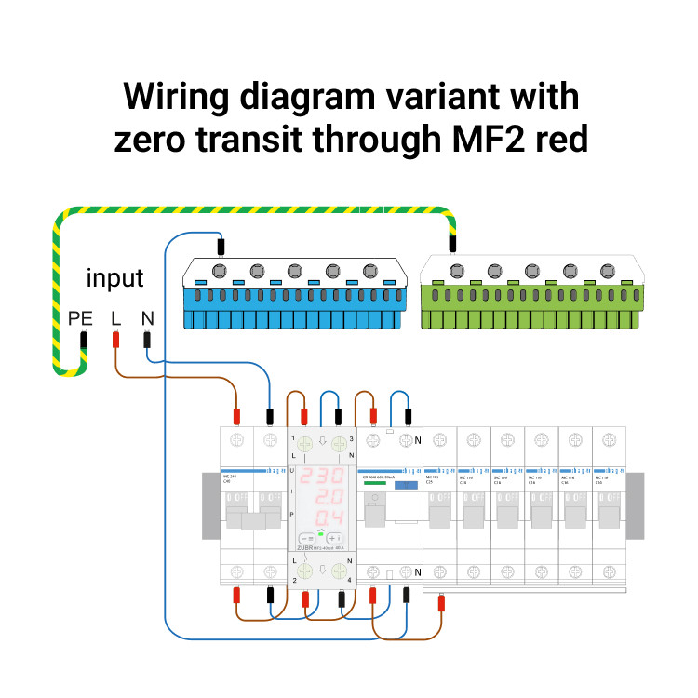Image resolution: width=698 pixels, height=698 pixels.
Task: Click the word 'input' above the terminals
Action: [115, 277]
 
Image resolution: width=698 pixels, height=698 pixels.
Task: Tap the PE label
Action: [81, 318]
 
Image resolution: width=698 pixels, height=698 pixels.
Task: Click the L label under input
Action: [115, 318]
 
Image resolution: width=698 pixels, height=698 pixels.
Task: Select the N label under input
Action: [147, 318]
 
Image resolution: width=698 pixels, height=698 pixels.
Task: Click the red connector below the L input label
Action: [115, 341]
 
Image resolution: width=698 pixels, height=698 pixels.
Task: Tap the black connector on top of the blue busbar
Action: [221, 247]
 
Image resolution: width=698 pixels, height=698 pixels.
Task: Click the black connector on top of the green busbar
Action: [452, 245]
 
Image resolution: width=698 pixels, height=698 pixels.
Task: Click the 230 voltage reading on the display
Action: [320, 477]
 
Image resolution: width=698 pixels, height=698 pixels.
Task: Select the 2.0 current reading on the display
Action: [320, 497]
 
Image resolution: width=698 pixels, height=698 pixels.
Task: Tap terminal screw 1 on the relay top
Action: [304, 444]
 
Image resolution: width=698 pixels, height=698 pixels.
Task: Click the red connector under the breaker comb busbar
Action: [440, 605]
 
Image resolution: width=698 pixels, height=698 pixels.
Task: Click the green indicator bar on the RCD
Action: [375, 484]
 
